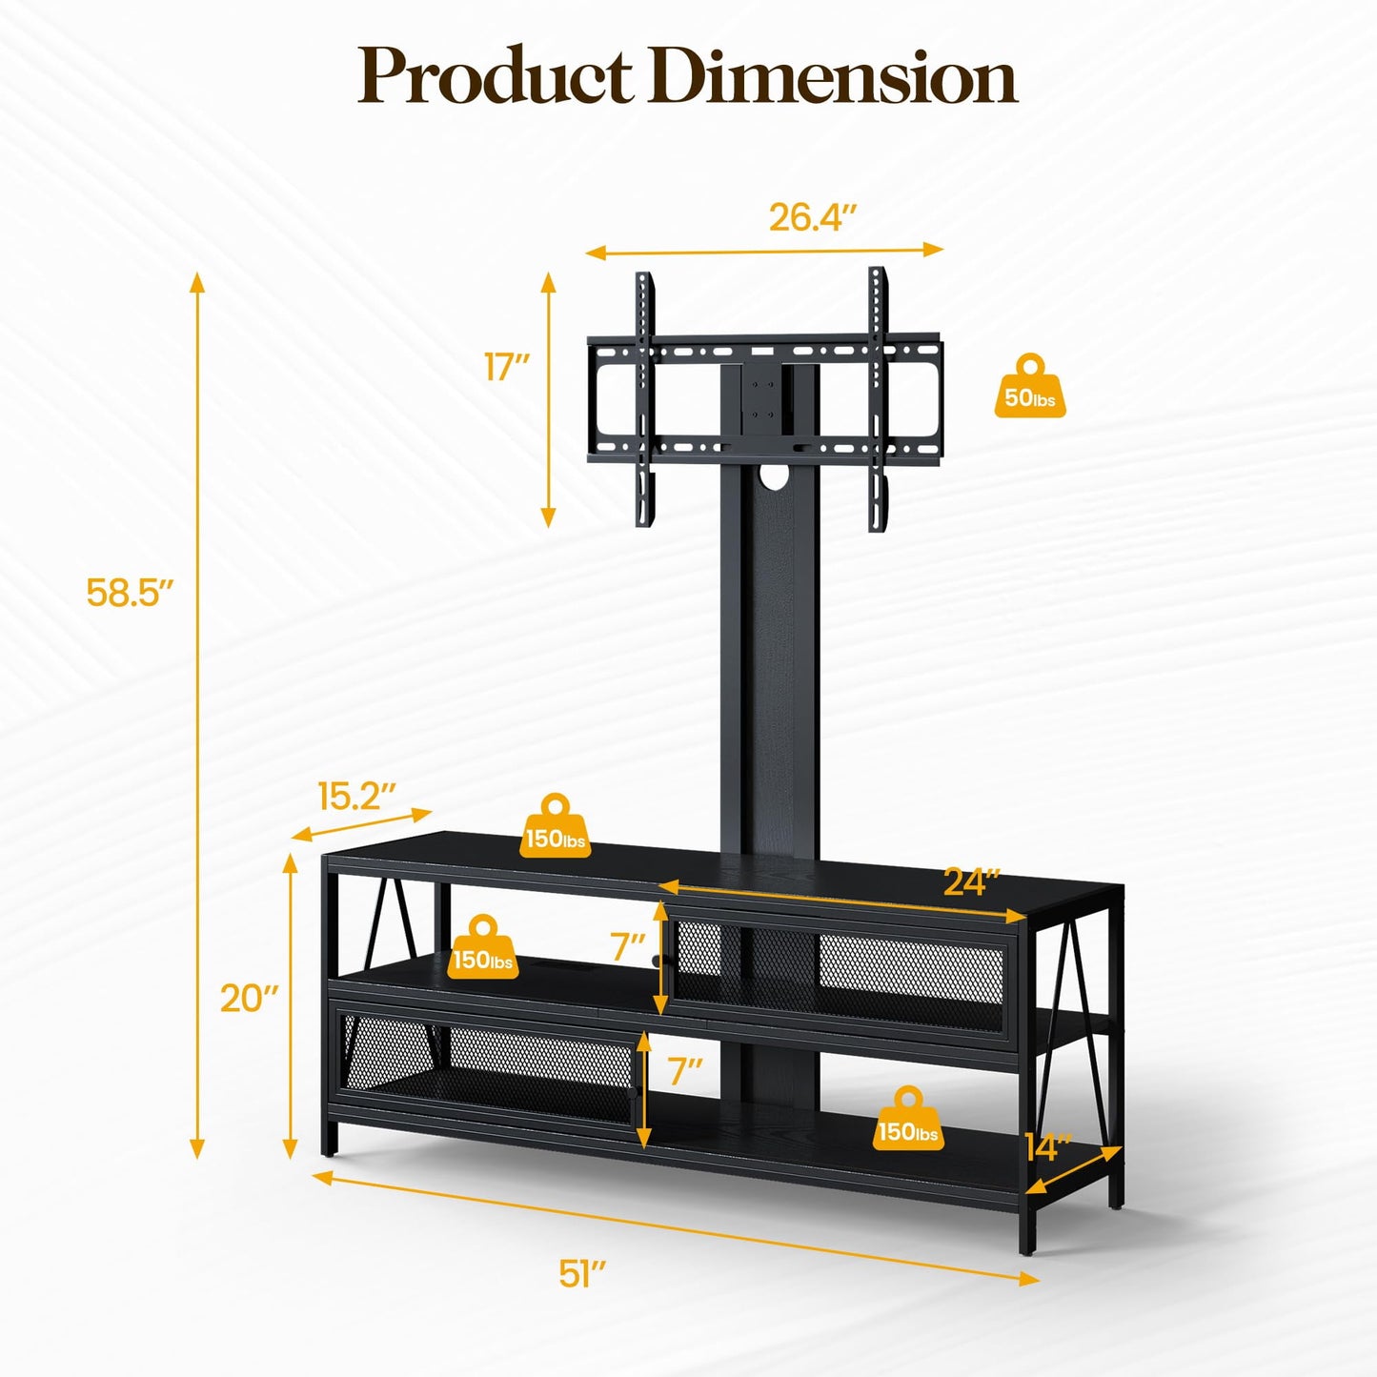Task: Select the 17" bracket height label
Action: (x=506, y=367)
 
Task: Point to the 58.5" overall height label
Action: (x=130, y=593)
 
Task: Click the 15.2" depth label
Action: (x=355, y=797)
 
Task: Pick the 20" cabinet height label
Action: (x=249, y=999)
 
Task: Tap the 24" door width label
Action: (x=971, y=882)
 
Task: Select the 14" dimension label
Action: (x=1048, y=1147)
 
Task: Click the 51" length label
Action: (x=582, y=1273)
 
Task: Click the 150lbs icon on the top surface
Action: (x=556, y=827)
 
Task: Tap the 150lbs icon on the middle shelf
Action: (x=483, y=948)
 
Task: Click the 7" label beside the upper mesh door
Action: (x=628, y=947)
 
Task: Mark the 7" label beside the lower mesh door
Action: (x=684, y=1071)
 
